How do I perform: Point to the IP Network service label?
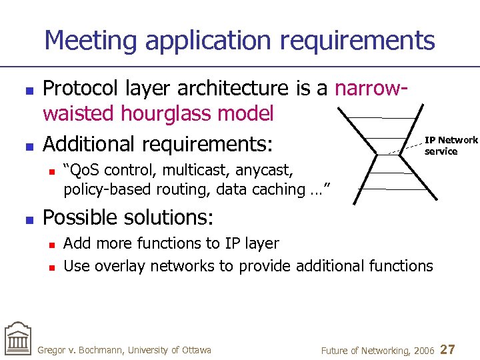(x=451, y=145)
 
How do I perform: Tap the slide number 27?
(x=449, y=349)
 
